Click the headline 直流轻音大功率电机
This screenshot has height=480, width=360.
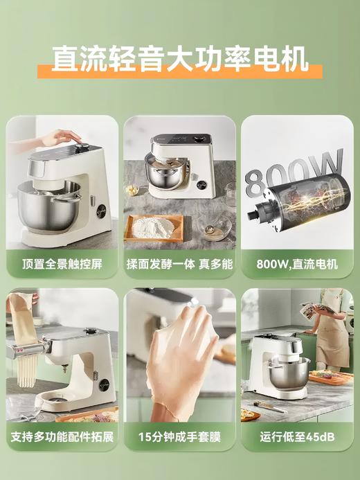(180, 58)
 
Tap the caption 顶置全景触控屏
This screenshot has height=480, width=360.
(62, 263)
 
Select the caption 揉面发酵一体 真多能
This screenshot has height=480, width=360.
(179, 263)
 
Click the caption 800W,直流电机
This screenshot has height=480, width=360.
(297, 263)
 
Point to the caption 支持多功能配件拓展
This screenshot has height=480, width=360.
(62, 438)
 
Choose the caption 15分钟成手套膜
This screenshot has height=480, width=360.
(179, 438)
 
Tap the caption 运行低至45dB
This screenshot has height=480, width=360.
(297, 438)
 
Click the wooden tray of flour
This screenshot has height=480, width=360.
(154, 227)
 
